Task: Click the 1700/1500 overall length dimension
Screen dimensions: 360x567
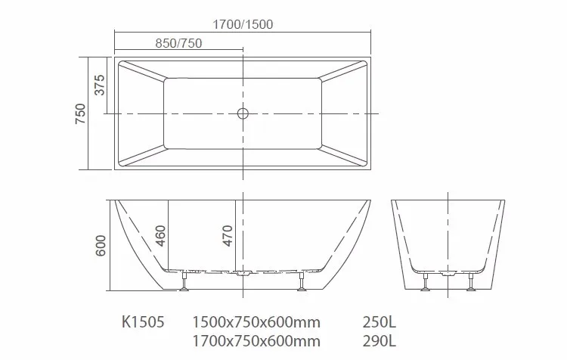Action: (x=243, y=24)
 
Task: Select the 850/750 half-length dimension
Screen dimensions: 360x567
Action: (x=178, y=43)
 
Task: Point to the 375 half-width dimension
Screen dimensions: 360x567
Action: (x=100, y=85)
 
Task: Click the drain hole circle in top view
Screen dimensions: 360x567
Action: (x=243, y=113)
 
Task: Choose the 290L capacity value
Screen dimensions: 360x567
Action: (x=379, y=340)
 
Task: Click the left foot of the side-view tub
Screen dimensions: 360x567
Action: (x=183, y=283)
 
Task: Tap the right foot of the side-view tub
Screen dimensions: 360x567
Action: (x=302, y=283)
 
